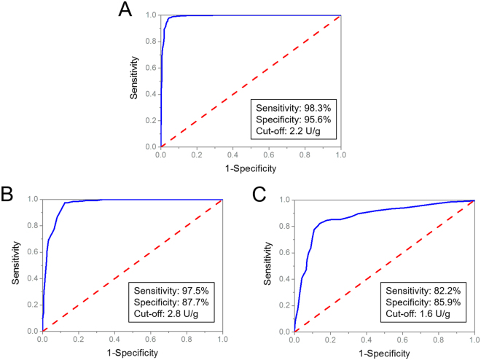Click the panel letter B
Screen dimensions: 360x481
pyautogui.click(x=9, y=195)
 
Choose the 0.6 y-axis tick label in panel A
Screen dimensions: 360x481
pyautogui.click(x=149, y=67)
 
